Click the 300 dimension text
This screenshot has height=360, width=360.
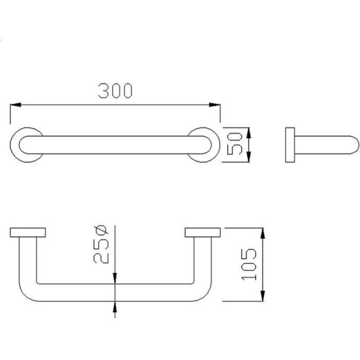(x=115, y=91)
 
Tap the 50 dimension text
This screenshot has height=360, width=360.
(x=235, y=143)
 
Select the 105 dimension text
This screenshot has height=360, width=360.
(x=249, y=264)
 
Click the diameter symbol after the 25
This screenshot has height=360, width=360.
(x=101, y=230)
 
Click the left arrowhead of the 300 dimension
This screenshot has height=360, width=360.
(x=15, y=105)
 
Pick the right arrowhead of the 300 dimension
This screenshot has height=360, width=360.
(x=214, y=105)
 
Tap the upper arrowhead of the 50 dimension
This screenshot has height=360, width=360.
(x=248, y=133)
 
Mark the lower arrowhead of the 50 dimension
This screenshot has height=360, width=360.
(x=248, y=156)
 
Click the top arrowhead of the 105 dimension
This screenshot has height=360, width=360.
(x=263, y=233)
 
